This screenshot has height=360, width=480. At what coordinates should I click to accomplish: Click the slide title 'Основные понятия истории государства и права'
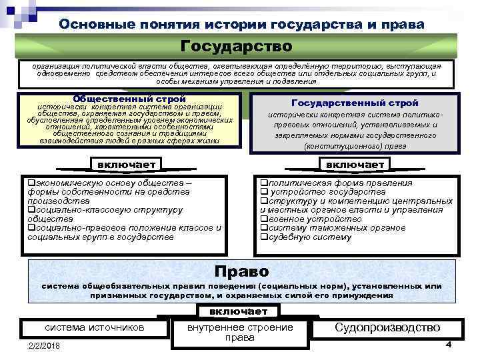click(241, 24)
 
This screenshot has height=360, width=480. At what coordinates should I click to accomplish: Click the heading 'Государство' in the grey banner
click(237, 47)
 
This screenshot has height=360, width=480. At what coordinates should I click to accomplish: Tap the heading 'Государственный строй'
click(355, 103)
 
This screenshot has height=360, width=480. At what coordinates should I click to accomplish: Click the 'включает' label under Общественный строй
click(126, 165)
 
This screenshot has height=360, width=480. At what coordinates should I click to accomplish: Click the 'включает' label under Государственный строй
click(355, 165)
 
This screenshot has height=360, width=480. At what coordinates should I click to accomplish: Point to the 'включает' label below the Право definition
click(238, 311)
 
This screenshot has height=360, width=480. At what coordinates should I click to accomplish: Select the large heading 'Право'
click(241, 271)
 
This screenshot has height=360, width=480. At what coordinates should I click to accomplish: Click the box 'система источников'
click(94, 327)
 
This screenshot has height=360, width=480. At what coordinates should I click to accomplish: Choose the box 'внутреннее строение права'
click(239, 332)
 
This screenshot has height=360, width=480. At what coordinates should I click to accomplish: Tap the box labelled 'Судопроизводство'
click(387, 327)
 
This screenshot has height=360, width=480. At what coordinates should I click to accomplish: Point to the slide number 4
click(449, 344)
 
